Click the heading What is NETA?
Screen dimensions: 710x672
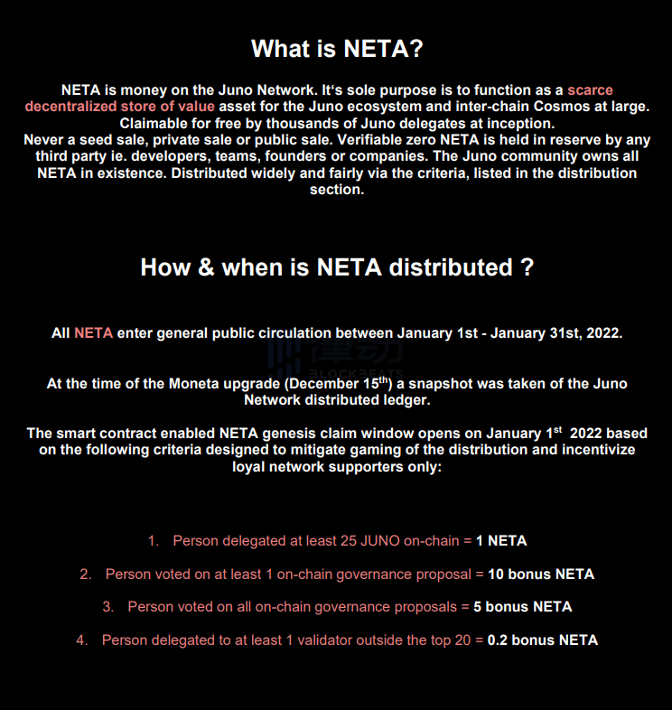point(336,49)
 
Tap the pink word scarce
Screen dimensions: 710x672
point(590,90)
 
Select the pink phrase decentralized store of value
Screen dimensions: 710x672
point(114,107)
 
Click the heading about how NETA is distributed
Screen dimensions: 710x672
point(336,267)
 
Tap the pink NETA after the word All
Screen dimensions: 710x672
point(93,333)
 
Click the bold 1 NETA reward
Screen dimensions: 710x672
point(501,541)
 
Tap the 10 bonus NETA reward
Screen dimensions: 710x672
point(541,575)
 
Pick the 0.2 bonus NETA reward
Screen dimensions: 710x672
point(543,640)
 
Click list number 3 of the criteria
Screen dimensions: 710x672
point(107,607)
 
